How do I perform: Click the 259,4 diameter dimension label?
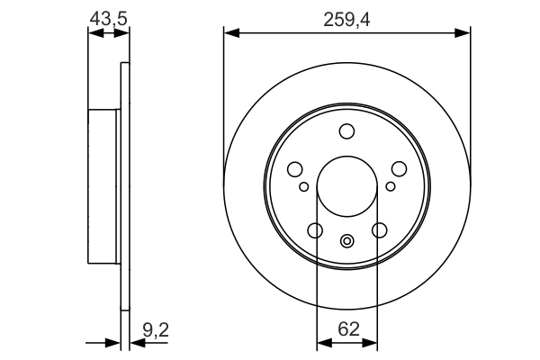[x=347, y=15]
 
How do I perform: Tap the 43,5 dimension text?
[x=106, y=15]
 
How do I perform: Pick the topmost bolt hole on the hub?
[x=347, y=132]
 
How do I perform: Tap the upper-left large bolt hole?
[x=295, y=169]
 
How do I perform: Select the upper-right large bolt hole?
[x=399, y=169]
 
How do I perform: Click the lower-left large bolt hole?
[x=315, y=231]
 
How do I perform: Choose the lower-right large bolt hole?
[x=379, y=231]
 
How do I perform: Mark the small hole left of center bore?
[x=304, y=186]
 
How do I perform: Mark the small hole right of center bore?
[x=390, y=186]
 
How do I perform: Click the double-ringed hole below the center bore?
[x=347, y=240]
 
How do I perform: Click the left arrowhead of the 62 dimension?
[x=322, y=343]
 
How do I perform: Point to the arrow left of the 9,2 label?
[x=112, y=343]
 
